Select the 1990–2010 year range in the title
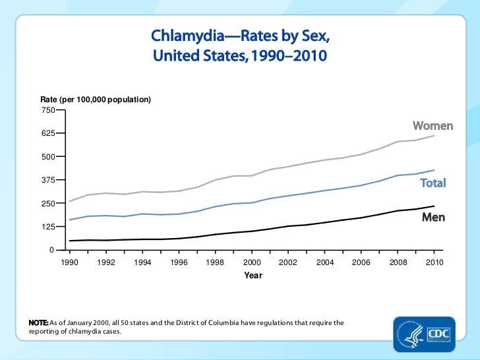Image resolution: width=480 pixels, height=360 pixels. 289,55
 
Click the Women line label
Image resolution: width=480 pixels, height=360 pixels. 433,125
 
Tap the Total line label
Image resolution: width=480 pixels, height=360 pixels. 433,183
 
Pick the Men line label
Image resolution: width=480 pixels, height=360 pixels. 433,217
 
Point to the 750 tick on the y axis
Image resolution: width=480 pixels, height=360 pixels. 48,109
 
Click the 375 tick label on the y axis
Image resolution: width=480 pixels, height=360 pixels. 48,180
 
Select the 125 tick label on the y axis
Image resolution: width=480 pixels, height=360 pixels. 48,227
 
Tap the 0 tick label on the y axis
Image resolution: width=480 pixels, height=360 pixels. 51,250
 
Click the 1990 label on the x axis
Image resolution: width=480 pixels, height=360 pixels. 69,262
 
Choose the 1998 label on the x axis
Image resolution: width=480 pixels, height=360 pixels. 215,262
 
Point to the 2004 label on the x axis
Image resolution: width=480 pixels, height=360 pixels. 324,262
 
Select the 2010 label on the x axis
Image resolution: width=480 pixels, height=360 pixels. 433,262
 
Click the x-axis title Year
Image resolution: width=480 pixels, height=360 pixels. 253,275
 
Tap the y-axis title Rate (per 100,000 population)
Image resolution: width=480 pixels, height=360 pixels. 96,99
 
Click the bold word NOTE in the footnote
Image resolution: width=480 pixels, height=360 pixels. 38,322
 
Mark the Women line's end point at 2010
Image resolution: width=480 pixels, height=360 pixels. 434,135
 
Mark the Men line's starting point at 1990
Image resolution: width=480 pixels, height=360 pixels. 69,241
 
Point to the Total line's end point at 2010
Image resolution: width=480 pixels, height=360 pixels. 434,170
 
